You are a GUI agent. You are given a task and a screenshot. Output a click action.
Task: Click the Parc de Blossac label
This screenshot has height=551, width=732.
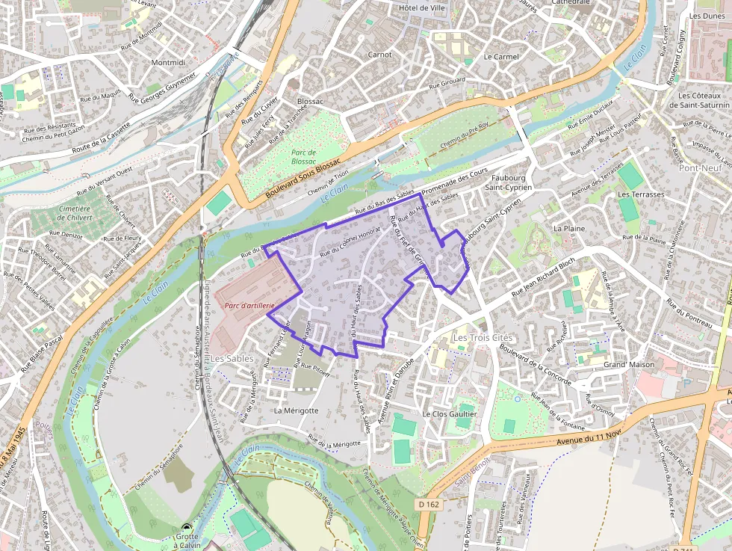coord(303,156)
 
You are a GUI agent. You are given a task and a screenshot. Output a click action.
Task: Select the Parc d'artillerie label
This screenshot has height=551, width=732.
coord(250,306)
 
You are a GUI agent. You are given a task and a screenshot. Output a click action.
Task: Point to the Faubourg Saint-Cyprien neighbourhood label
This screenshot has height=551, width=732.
coord(512,182)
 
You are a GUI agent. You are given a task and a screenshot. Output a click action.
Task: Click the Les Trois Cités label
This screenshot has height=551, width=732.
coord(483,338)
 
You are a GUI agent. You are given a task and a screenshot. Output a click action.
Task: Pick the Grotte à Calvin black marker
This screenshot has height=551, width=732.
coord(186,528)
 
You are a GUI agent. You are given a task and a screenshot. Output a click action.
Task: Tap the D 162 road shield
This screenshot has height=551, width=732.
coord(428,505)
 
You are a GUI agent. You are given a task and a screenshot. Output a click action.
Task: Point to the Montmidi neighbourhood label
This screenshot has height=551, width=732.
coord(167,63)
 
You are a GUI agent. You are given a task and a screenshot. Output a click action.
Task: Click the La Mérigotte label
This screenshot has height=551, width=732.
coord(296,410)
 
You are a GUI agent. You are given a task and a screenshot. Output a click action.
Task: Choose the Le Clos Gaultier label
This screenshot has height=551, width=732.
coord(450,413)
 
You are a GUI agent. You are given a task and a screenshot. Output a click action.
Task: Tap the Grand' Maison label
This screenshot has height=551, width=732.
coord(628,365)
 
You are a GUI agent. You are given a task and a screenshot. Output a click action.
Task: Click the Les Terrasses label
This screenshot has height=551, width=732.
coord(640,194)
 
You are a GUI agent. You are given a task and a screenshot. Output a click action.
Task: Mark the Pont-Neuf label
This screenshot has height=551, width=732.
coord(700,168)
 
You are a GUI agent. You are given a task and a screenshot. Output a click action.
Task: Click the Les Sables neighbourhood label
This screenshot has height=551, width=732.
coord(232,359)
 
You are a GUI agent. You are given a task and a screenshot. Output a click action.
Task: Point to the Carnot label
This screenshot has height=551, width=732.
coord(379,55)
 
